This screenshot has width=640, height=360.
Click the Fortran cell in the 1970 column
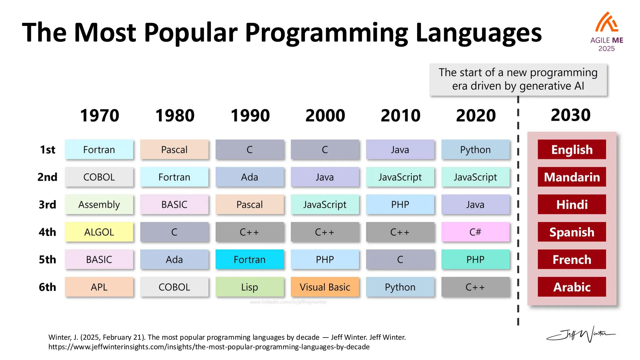point(99,150)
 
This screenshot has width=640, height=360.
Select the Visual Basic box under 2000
point(325,287)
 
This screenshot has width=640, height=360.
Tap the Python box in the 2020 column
point(475,150)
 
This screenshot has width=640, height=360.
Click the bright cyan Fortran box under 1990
point(249,259)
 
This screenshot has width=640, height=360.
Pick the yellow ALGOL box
point(99,232)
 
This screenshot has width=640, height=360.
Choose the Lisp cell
point(249,287)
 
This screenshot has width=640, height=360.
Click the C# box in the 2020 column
point(475,232)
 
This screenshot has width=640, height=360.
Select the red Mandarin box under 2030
point(572,177)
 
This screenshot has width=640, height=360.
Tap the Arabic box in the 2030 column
point(572,287)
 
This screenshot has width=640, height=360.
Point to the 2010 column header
point(400,116)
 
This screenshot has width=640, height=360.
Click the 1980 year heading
point(175,116)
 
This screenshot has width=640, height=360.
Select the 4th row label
point(47,232)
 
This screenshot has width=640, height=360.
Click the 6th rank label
point(47,287)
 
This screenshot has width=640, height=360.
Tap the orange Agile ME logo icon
point(606,22)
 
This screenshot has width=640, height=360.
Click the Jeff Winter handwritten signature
point(581,335)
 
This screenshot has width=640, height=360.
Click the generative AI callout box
point(518,79)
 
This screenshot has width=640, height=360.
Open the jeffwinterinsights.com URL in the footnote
point(209,347)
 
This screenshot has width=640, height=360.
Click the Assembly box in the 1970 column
point(99,204)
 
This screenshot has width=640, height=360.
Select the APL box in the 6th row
point(99,287)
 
